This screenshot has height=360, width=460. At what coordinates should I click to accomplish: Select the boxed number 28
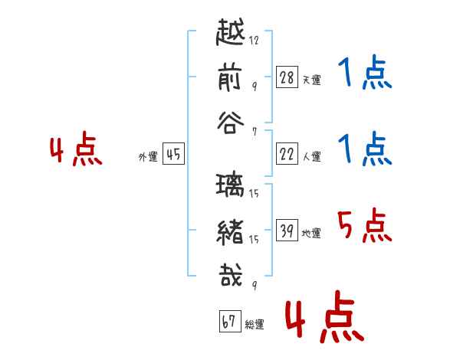coord(287,77)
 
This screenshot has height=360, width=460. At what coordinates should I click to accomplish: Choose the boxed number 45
coord(173,155)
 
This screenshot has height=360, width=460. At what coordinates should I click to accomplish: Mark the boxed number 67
coord(229,322)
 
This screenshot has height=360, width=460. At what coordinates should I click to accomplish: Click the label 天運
coord(311,80)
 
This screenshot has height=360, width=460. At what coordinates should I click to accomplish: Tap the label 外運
coord(148,157)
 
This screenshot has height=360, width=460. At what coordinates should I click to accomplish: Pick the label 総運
coord(254,325)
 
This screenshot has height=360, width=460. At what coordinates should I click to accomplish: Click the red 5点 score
coord(363,226)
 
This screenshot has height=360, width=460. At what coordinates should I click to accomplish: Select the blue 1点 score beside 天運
coord(364,74)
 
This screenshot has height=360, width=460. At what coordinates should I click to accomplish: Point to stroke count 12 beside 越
coord(254,40)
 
